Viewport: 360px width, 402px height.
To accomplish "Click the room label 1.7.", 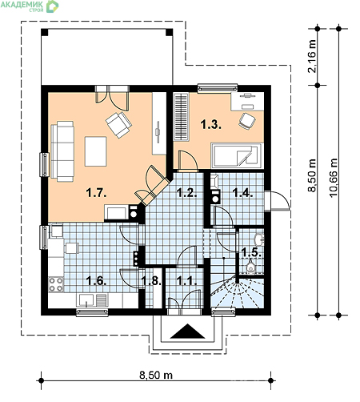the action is tap(96, 193).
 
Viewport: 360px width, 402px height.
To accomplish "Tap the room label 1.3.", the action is tap(210, 125).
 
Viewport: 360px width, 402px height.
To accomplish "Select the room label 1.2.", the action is tap(187, 193).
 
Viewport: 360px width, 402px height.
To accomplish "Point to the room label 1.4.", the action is tap(242, 193).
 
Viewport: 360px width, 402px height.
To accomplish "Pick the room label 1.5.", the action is tap(251, 252).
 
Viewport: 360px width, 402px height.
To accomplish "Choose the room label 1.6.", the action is tap(97, 281).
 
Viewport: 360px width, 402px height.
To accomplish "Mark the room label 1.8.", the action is tap(151, 281).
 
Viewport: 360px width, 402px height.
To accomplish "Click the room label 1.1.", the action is tap(186, 281).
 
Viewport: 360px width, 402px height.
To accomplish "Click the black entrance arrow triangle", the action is tap(188, 332).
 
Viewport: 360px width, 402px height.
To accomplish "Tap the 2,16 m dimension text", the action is tap(311, 56).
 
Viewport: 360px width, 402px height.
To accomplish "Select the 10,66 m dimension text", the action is tap(334, 178).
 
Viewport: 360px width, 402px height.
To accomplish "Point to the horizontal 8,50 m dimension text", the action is tap(156, 375).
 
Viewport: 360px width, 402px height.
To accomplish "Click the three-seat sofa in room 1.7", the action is tap(62, 151).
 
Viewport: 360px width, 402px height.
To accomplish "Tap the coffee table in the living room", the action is tap(96, 151).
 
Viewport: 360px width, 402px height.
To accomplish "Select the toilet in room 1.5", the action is tap(250, 267).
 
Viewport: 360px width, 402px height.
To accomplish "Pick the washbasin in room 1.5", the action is tap(259, 239).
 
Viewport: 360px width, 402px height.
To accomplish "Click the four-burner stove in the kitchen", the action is tap(56, 284).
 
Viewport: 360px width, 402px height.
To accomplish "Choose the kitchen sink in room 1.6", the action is tap(86, 300).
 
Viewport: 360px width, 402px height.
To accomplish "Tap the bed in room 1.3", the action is tap(236, 155).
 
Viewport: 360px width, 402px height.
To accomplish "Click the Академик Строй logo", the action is tap(30, 6).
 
